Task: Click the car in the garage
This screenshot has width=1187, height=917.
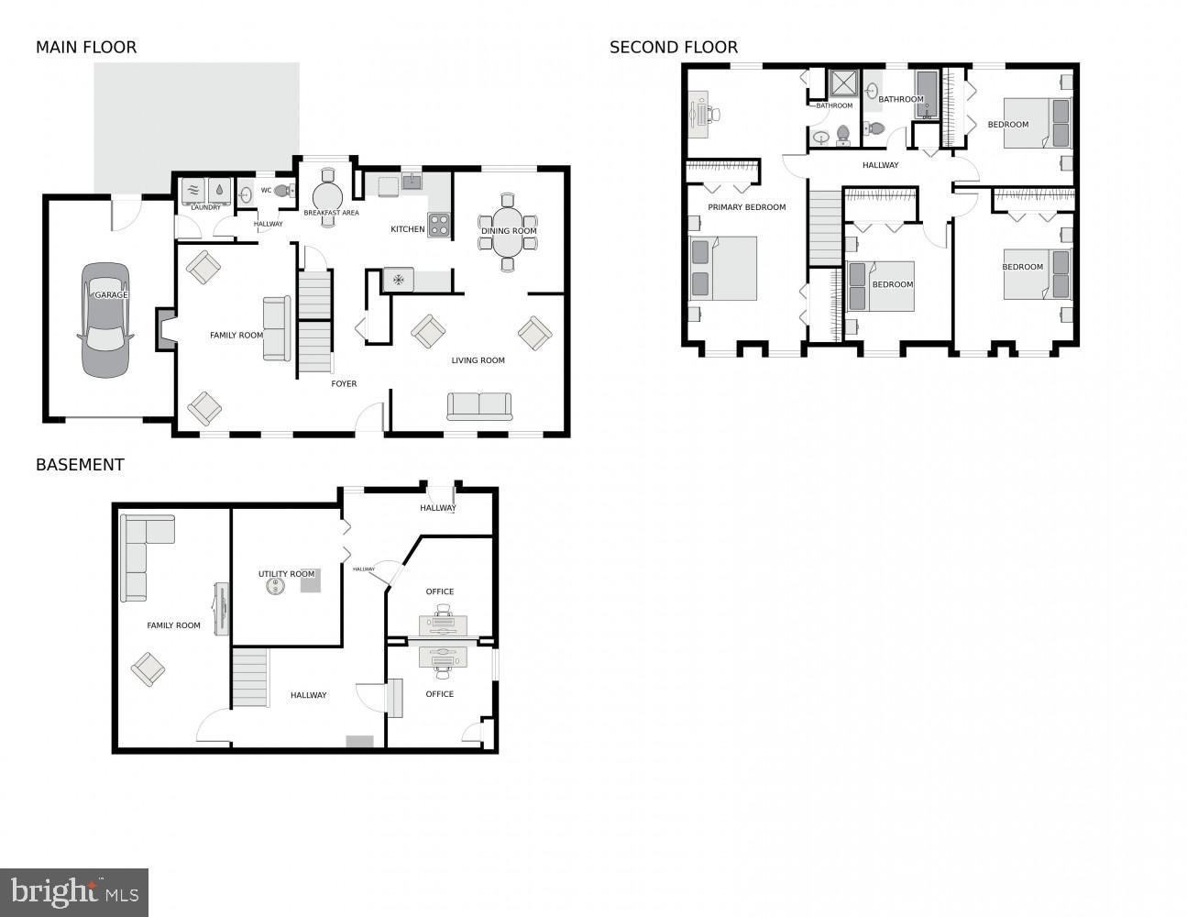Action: tap(105, 321)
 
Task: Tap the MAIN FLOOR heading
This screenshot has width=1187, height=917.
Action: tap(86, 48)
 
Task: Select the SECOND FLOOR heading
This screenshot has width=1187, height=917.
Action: tap(674, 48)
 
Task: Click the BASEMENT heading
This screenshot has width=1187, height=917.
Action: tap(80, 465)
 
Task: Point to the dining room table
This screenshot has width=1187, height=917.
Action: tap(508, 231)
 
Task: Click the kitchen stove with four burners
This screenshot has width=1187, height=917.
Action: tap(439, 225)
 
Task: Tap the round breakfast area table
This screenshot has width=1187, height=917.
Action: tap(327, 197)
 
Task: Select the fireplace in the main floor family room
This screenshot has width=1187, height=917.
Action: tap(165, 329)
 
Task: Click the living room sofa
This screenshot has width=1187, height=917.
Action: tap(479, 405)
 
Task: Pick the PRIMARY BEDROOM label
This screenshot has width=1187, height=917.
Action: tap(746, 207)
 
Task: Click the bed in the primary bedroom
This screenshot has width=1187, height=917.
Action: tap(724, 268)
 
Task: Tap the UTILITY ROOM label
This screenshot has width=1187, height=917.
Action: tap(286, 574)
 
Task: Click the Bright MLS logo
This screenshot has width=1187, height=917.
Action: tap(74, 892)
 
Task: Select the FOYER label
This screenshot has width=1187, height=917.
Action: tap(344, 384)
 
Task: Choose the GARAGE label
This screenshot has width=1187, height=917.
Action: tap(111, 295)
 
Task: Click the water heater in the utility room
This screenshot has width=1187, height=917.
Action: tap(273, 587)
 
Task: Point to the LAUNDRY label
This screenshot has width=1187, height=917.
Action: tap(205, 207)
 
